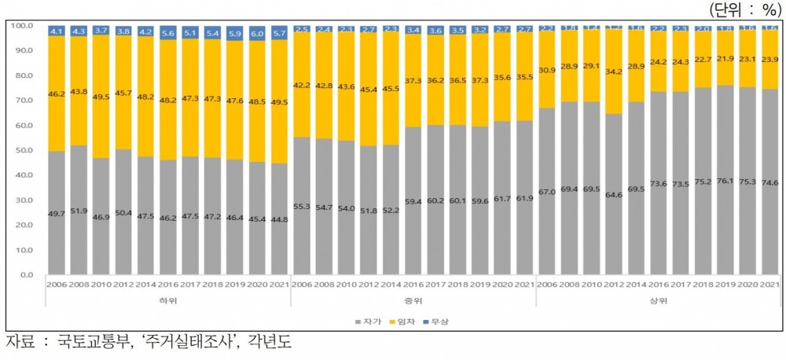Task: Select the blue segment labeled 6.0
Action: point(256,34)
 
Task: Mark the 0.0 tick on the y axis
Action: point(26,275)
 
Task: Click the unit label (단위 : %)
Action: point(746,10)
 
